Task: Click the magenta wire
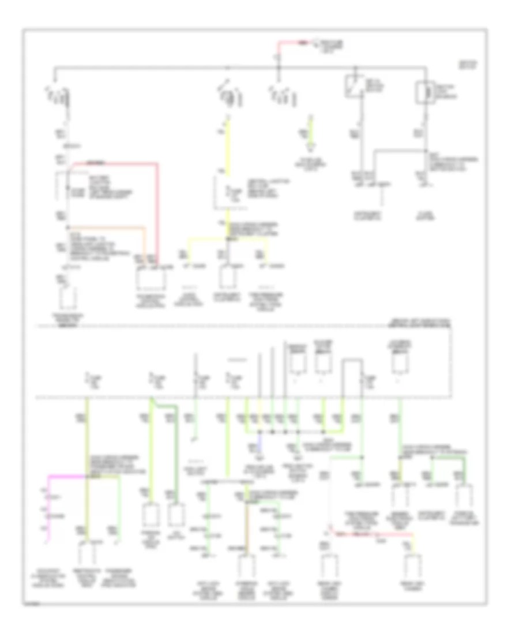tap(63, 477)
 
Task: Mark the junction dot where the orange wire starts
tap(67, 226)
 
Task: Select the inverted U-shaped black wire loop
tap(352, 372)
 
